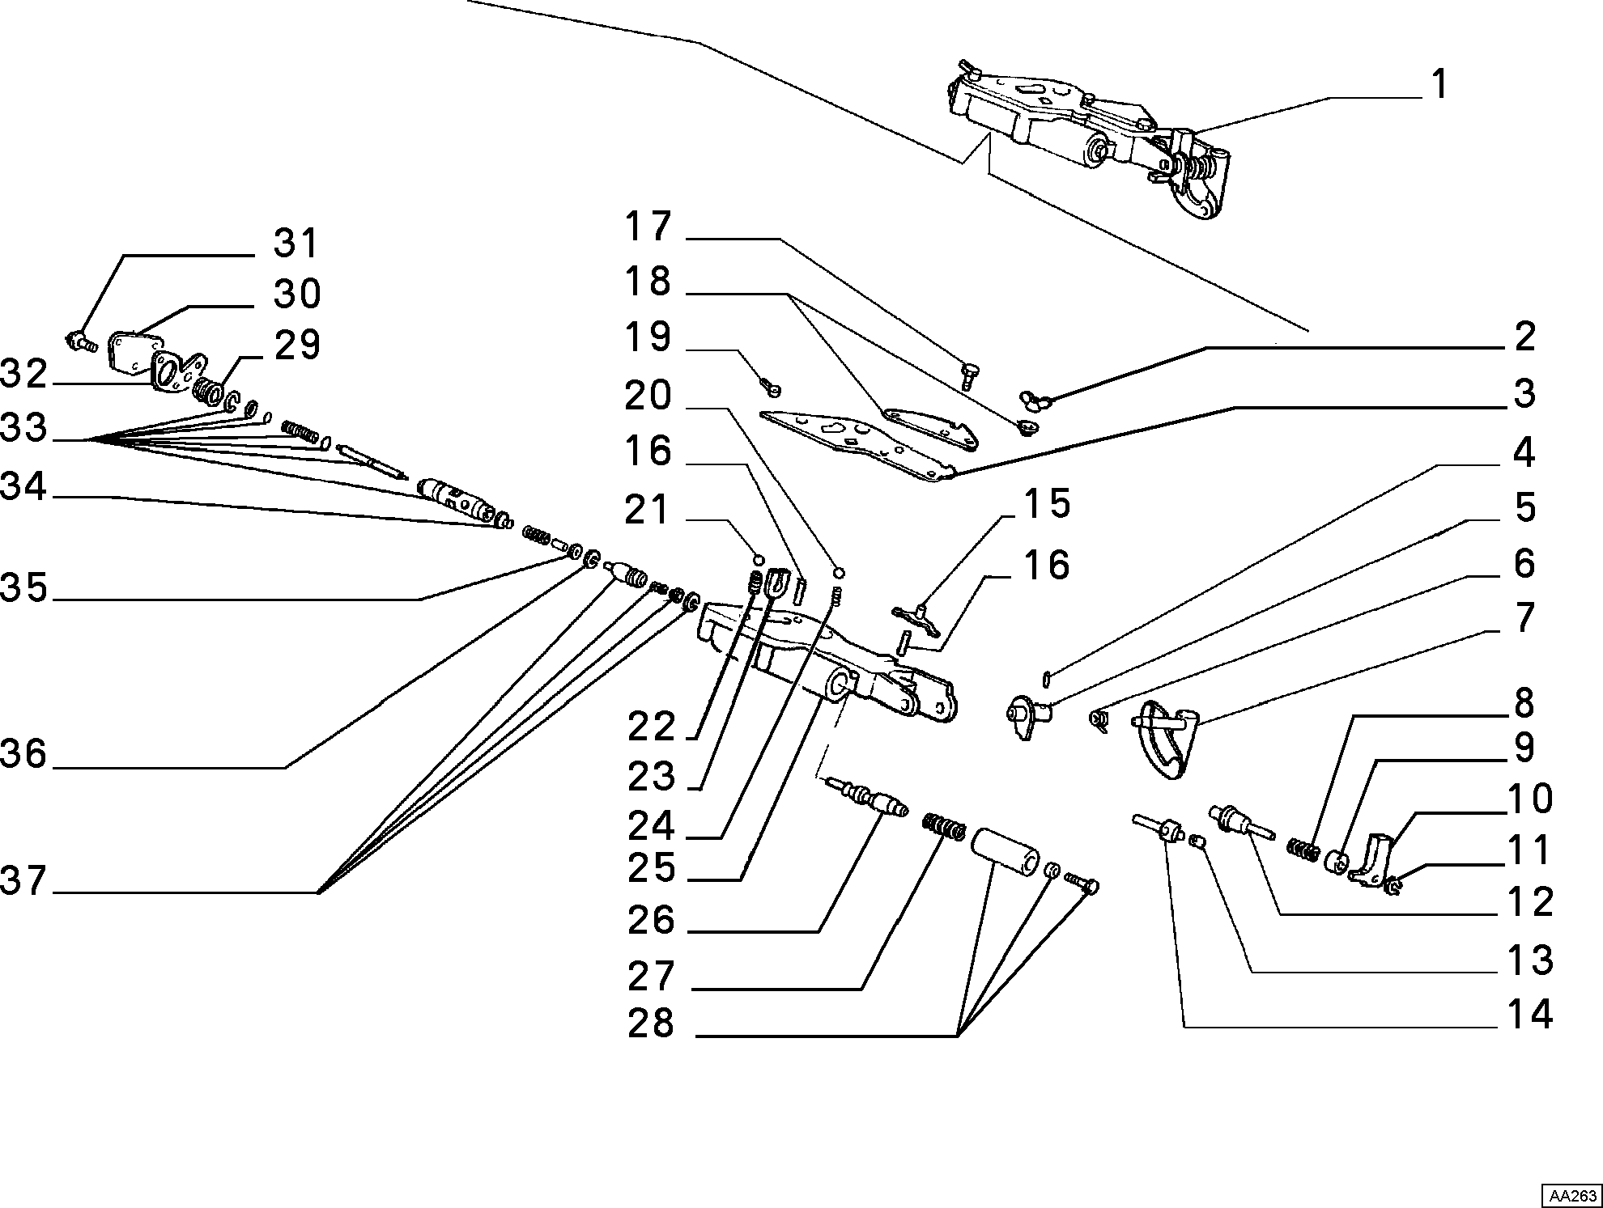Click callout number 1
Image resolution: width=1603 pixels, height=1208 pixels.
pos(1439,84)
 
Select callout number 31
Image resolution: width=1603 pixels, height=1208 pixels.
pos(296,242)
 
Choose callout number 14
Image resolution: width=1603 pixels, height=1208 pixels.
pos(1529,1015)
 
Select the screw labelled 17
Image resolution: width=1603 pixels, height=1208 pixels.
pos(967,375)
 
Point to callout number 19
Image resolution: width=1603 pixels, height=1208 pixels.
pos(648,337)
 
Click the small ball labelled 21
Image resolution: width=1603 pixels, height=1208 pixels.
pos(759,559)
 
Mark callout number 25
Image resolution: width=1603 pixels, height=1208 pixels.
pos(651,867)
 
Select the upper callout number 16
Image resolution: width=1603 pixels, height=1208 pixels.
pos(648,451)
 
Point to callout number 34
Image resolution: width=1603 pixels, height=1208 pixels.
pos(23,487)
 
